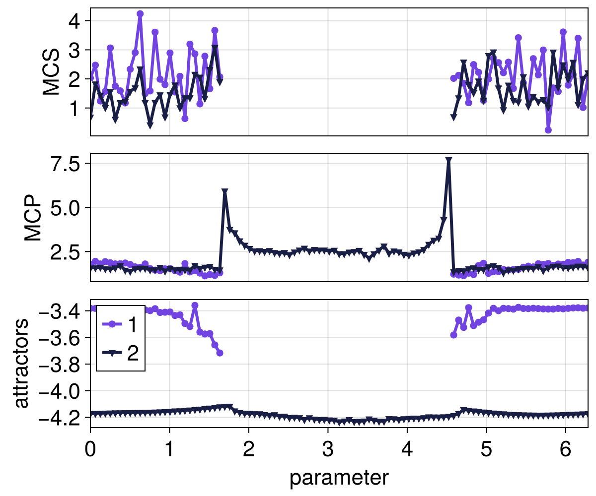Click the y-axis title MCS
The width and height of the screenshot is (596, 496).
click(51, 72)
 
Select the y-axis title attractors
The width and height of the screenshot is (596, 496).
click(21, 363)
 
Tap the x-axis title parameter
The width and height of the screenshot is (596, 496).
click(339, 478)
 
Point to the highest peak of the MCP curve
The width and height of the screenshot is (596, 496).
click(448, 161)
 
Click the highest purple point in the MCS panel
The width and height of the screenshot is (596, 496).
click(140, 14)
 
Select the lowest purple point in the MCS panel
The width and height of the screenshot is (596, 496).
click(548, 130)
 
